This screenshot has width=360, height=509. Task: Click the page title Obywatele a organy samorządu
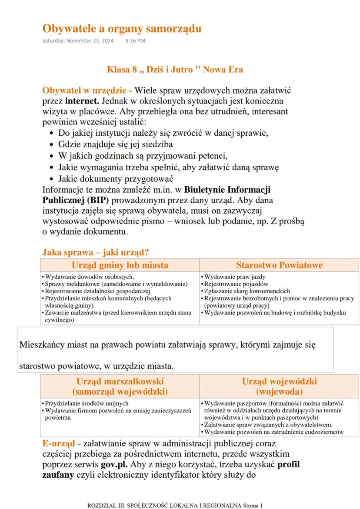[x=122, y=29]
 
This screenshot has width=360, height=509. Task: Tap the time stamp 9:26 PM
[x=135, y=41]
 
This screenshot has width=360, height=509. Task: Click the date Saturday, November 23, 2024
[x=78, y=41]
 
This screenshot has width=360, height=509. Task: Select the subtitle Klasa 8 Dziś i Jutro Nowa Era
[x=175, y=70]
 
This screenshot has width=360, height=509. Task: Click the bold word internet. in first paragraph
[x=82, y=101]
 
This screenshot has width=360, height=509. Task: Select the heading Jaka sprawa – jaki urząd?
[x=96, y=252]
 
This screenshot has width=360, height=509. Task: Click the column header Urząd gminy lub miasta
[x=120, y=265]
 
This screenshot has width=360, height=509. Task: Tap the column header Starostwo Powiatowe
[x=279, y=265]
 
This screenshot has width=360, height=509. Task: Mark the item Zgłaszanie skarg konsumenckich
[x=247, y=291]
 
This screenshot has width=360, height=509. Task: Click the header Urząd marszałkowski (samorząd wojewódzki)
[x=120, y=386]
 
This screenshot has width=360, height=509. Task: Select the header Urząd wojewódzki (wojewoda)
[x=279, y=386]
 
